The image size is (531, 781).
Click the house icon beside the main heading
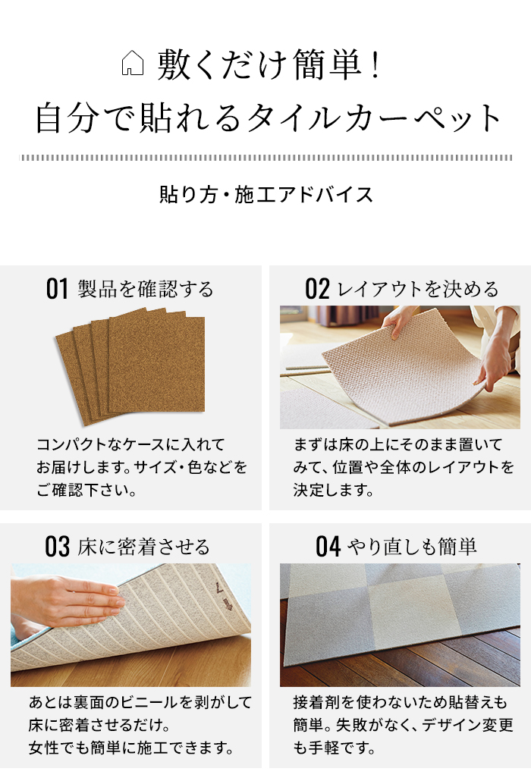[x=133, y=64]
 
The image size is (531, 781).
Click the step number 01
[x=58, y=289]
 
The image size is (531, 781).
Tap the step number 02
[x=317, y=289]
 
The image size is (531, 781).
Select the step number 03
[x=58, y=547]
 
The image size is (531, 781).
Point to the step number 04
[x=328, y=547]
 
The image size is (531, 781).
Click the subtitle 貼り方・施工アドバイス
[x=266, y=195]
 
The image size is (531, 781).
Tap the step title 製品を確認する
[x=146, y=289]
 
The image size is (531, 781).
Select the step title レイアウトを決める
[x=418, y=289]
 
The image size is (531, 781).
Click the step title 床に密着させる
[x=143, y=547]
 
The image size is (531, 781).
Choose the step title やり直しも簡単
[x=412, y=547]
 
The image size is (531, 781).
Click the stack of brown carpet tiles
[x=130, y=364]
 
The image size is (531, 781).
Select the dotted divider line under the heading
[x=265, y=158]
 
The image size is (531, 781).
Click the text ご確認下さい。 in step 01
[x=86, y=490]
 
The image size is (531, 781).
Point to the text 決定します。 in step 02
[x=334, y=490]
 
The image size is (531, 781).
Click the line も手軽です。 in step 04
[x=335, y=748]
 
